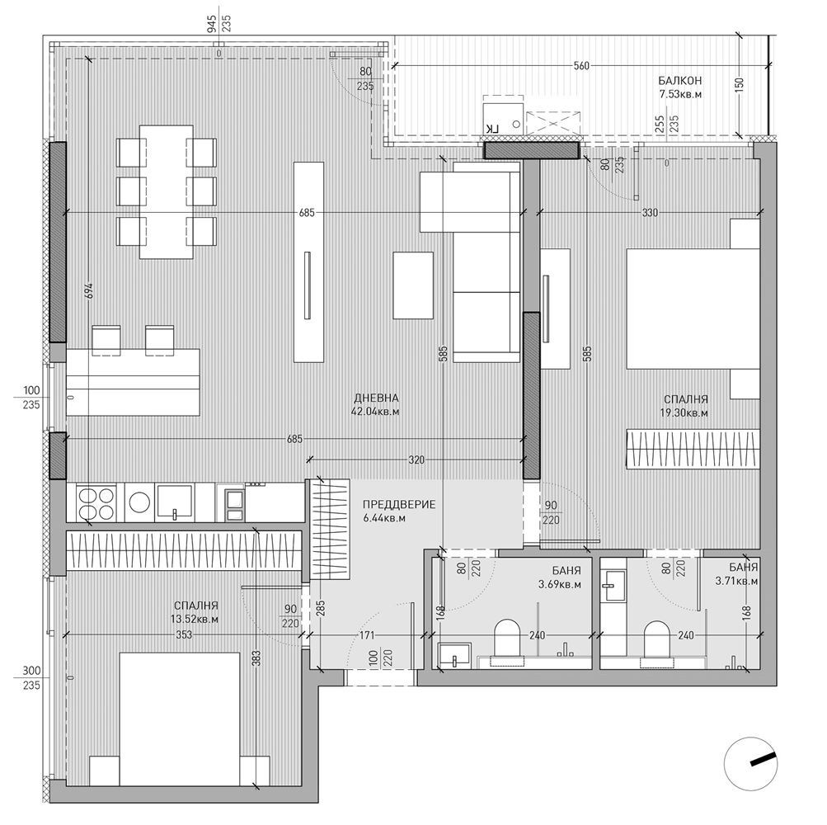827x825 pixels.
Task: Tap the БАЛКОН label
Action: coord(679,80)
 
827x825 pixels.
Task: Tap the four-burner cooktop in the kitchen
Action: coord(97,503)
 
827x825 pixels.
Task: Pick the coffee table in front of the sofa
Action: coord(414,285)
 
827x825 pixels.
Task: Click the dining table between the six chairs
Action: coord(167,191)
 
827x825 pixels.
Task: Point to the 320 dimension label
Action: coord(416,460)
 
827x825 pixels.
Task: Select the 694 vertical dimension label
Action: coord(88,290)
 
